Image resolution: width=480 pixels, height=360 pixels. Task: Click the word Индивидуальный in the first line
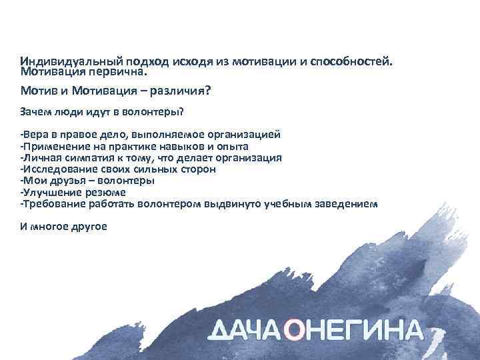pyautogui.click(x=61, y=61)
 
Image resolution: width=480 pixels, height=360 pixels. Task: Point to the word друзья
pyautogui.click(x=69, y=181)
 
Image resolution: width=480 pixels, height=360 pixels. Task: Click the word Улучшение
pyautogui.click(x=51, y=192)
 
